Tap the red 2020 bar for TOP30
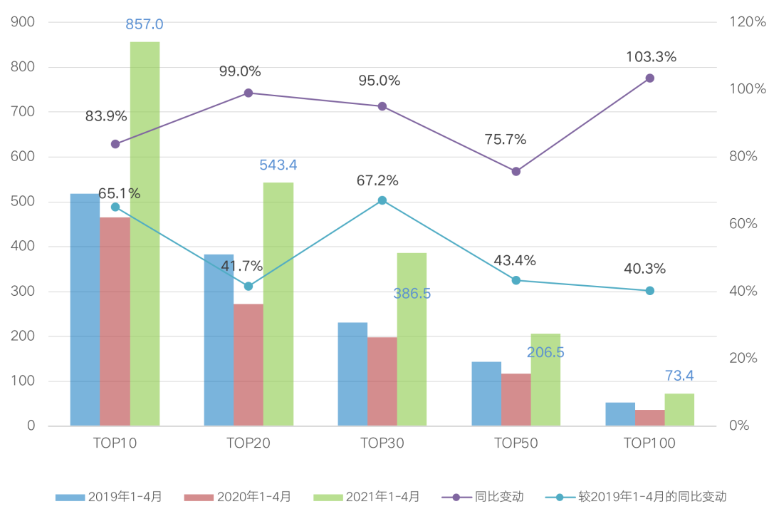click(382, 381)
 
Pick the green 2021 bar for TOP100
click(679, 410)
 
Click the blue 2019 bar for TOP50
click(486, 394)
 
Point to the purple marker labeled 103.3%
click(650, 78)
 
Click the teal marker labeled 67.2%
click(382, 201)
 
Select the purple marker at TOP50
click(516, 172)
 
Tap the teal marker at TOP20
click(249, 287)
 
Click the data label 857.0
click(145, 25)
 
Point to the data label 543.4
click(278, 165)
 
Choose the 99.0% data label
click(240, 71)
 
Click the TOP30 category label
click(382, 443)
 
